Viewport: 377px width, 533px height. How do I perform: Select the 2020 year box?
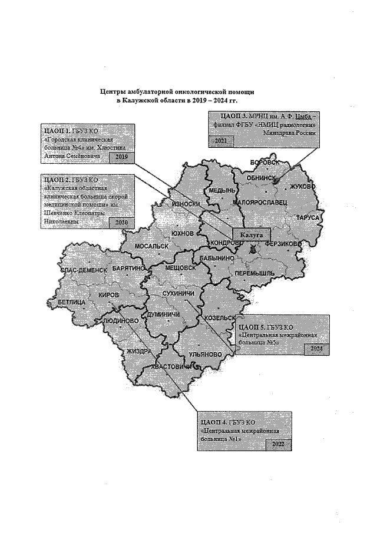[121, 223]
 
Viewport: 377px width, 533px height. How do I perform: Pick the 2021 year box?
[222, 141]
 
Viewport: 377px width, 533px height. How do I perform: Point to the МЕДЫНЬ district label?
[220, 192]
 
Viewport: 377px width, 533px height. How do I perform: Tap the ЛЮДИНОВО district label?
[121, 320]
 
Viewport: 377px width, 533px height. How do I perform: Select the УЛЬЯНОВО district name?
[205, 355]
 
